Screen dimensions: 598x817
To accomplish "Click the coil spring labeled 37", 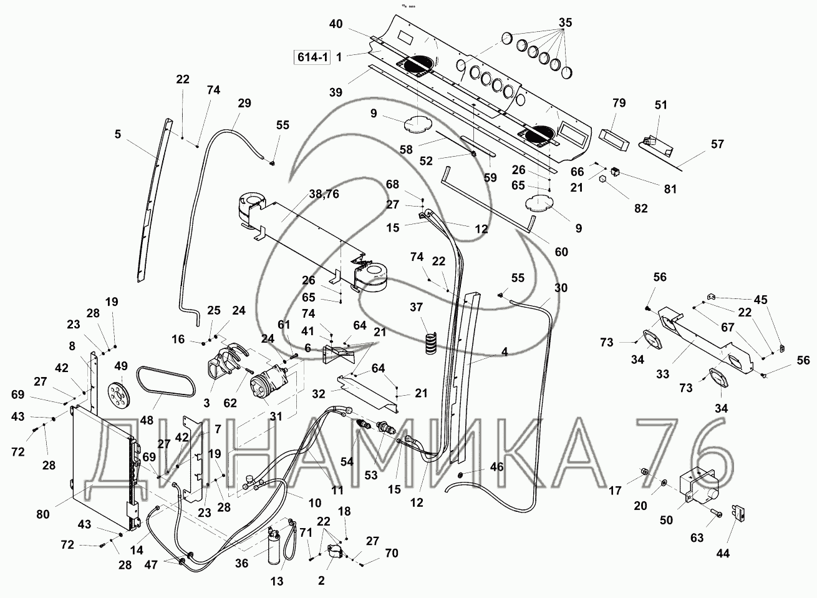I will [x=431, y=345].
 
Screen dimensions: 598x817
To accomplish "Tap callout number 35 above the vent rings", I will [x=565, y=23].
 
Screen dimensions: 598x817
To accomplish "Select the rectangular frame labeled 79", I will [x=612, y=132].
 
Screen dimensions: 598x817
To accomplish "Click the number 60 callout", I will [x=561, y=252].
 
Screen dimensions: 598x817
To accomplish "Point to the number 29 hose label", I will [x=244, y=103].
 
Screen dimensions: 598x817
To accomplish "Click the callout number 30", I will [x=561, y=288].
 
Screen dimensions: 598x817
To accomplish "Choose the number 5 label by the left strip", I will [x=117, y=133].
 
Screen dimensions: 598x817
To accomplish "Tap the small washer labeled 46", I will [x=460, y=476].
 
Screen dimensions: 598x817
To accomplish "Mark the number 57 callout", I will [x=717, y=144].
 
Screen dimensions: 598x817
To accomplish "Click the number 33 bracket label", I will [x=662, y=374].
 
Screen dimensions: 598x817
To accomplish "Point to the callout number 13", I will [x=276, y=581].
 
